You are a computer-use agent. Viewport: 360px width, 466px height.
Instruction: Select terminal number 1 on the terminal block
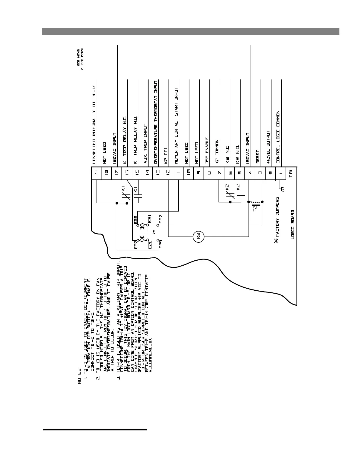[281, 173]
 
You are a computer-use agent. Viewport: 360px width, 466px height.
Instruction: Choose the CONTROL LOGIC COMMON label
[278, 137]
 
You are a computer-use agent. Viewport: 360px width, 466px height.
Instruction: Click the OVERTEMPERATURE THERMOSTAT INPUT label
[156, 124]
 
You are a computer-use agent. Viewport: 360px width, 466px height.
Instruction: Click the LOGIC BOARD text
[293, 229]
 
